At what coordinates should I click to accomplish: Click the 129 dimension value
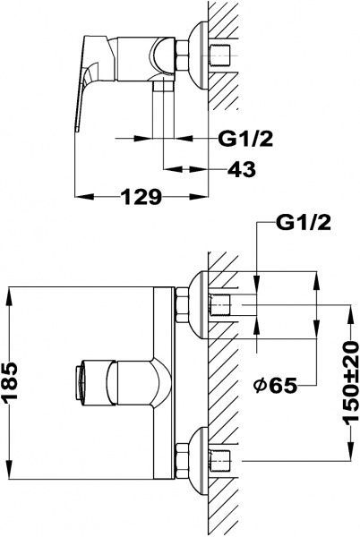click(x=141, y=197)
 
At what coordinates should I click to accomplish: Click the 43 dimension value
click(x=242, y=169)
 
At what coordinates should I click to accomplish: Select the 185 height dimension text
click(x=9, y=382)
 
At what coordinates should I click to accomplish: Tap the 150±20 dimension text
click(x=351, y=383)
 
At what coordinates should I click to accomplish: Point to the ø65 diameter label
click(x=275, y=386)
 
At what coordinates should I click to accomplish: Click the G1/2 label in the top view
click(x=245, y=139)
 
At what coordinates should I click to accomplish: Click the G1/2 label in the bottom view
click(x=304, y=223)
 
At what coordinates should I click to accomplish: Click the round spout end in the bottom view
click(x=80, y=382)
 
